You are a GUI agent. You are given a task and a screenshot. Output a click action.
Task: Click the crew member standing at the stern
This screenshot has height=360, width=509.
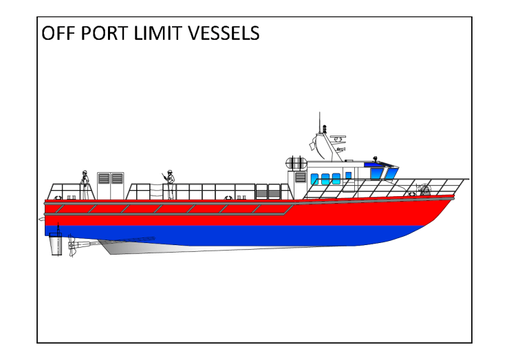(x=85, y=180)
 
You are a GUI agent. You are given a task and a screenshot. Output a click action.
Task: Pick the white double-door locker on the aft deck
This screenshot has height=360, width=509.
(x=111, y=182)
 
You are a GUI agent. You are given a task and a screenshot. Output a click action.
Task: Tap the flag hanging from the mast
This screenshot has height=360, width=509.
(x=314, y=145)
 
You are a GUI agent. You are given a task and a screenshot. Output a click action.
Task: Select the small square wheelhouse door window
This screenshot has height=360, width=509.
(x=349, y=175)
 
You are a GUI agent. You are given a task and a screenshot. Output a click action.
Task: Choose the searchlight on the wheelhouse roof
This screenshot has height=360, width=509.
(x=376, y=158)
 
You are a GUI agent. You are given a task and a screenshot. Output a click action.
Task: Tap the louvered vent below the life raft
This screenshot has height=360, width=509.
(x=301, y=177)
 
